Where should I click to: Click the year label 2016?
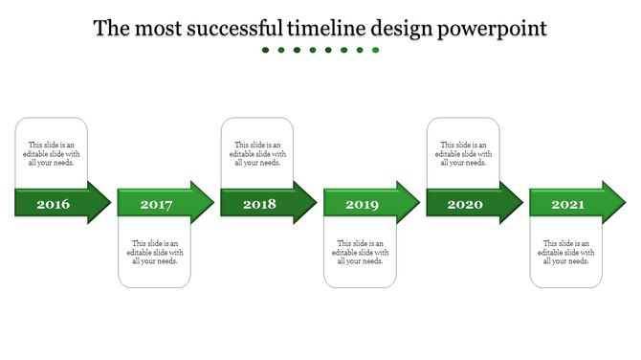tap(53, 204)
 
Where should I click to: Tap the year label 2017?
tap(156, 205)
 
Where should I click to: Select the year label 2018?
tap(259, 204)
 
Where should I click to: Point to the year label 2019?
tap(362, 205)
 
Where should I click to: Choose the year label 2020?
tap(465, 204)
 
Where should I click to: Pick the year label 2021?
tap(567, 205)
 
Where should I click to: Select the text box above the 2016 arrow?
tap(52, 153)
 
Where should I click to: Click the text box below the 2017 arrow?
tap(155, 252)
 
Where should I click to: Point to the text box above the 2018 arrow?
tap(257, 153)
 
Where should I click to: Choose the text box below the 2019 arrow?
tap(360, 252)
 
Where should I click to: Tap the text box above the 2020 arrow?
tap(463, 153)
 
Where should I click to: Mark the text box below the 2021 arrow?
tap(566, 252)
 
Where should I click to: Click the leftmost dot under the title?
tap(266, 50)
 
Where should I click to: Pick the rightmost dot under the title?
tap(375, 50)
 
